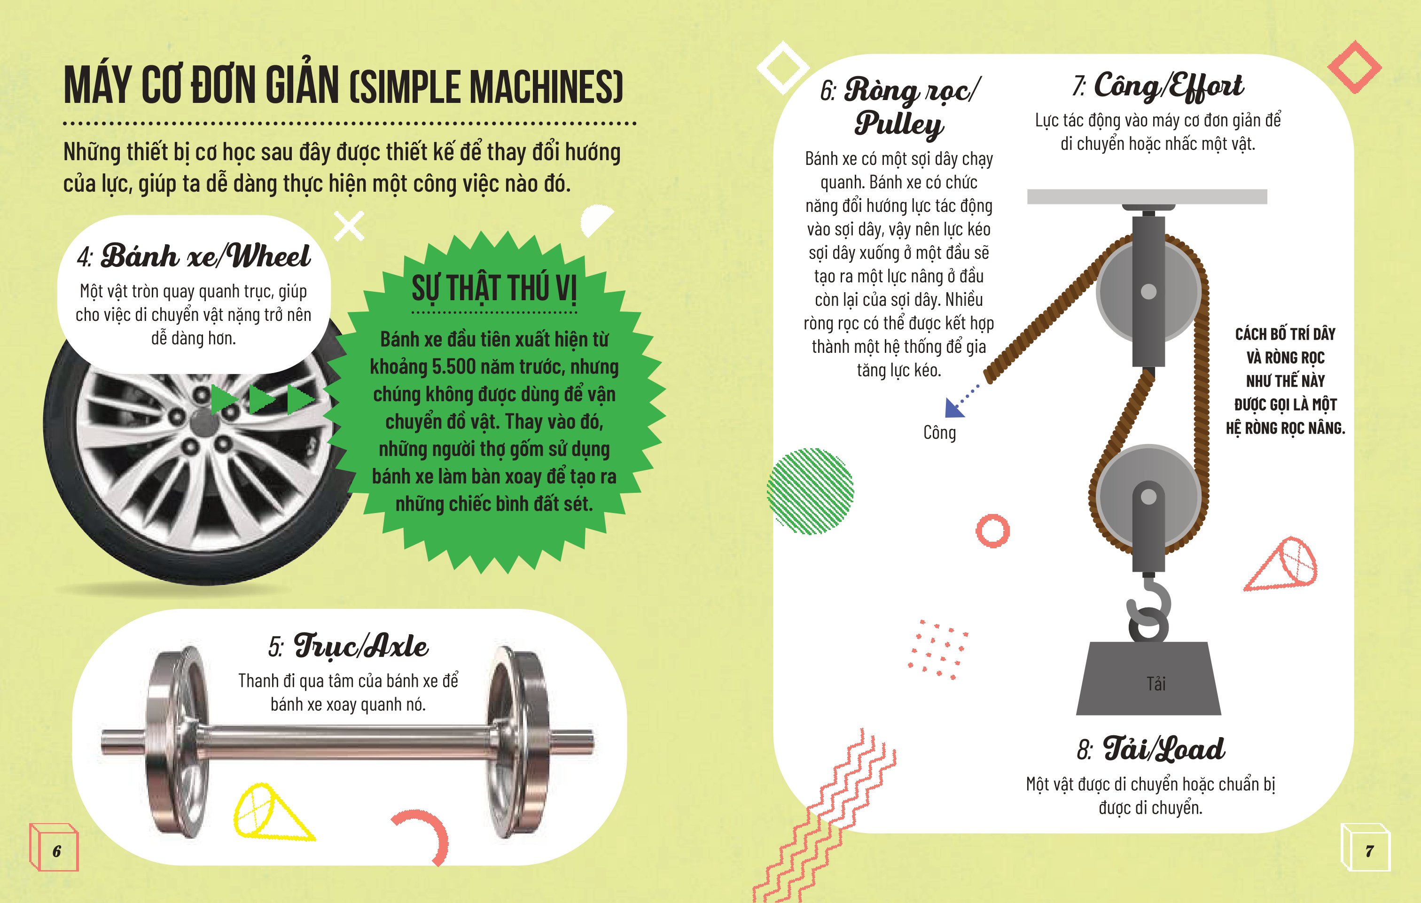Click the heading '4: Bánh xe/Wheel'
(194, 256)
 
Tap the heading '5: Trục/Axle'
(348, 646)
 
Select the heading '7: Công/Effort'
(1158, 86)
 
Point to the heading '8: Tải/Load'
(1151, 748)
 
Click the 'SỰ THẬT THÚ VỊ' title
(494, 288)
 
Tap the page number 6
(57, 851)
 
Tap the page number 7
(1370, 851)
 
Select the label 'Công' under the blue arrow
(939, 433)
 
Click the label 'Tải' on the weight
(1156, 684)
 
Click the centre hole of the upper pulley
(1148, 292)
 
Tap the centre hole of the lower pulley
(1148, 496)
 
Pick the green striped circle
(810, 491)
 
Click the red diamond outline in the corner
(1354, 67)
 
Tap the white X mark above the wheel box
(349, 226)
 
